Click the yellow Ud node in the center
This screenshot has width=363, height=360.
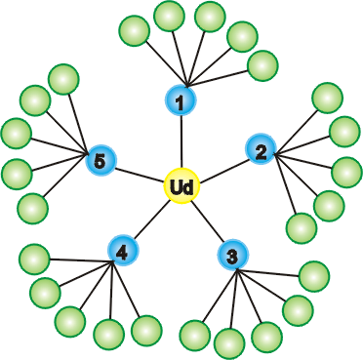pos(181,186)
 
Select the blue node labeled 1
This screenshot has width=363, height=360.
pos(181,100)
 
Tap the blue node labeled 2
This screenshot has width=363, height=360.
pos(261,149)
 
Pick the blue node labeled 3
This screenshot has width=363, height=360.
pos(233,255)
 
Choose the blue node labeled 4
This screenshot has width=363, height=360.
pos(123,251)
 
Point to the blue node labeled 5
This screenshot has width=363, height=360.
pos(101,160)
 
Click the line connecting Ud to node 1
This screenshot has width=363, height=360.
pos(181,141)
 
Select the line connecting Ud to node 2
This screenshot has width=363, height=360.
pos(223,170)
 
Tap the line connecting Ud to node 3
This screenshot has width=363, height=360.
pos(207,221)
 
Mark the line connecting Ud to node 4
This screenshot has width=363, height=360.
pos(152,220)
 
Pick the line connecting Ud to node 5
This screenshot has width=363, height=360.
pos(140,174)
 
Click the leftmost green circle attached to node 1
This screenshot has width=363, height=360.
pos(135,30)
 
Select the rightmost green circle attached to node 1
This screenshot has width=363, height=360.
pos(262,65)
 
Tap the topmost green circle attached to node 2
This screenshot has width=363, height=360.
pos(327,98)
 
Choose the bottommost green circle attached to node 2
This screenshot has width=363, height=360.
pos(302,228)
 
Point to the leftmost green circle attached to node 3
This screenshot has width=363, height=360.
pos(195,336)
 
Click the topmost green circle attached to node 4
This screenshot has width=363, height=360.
pos(34,260)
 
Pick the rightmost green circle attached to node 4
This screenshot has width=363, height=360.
pos(146,331)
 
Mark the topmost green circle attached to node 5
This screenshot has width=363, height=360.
pos(63,79)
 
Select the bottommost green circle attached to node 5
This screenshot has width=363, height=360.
pos(32,209)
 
